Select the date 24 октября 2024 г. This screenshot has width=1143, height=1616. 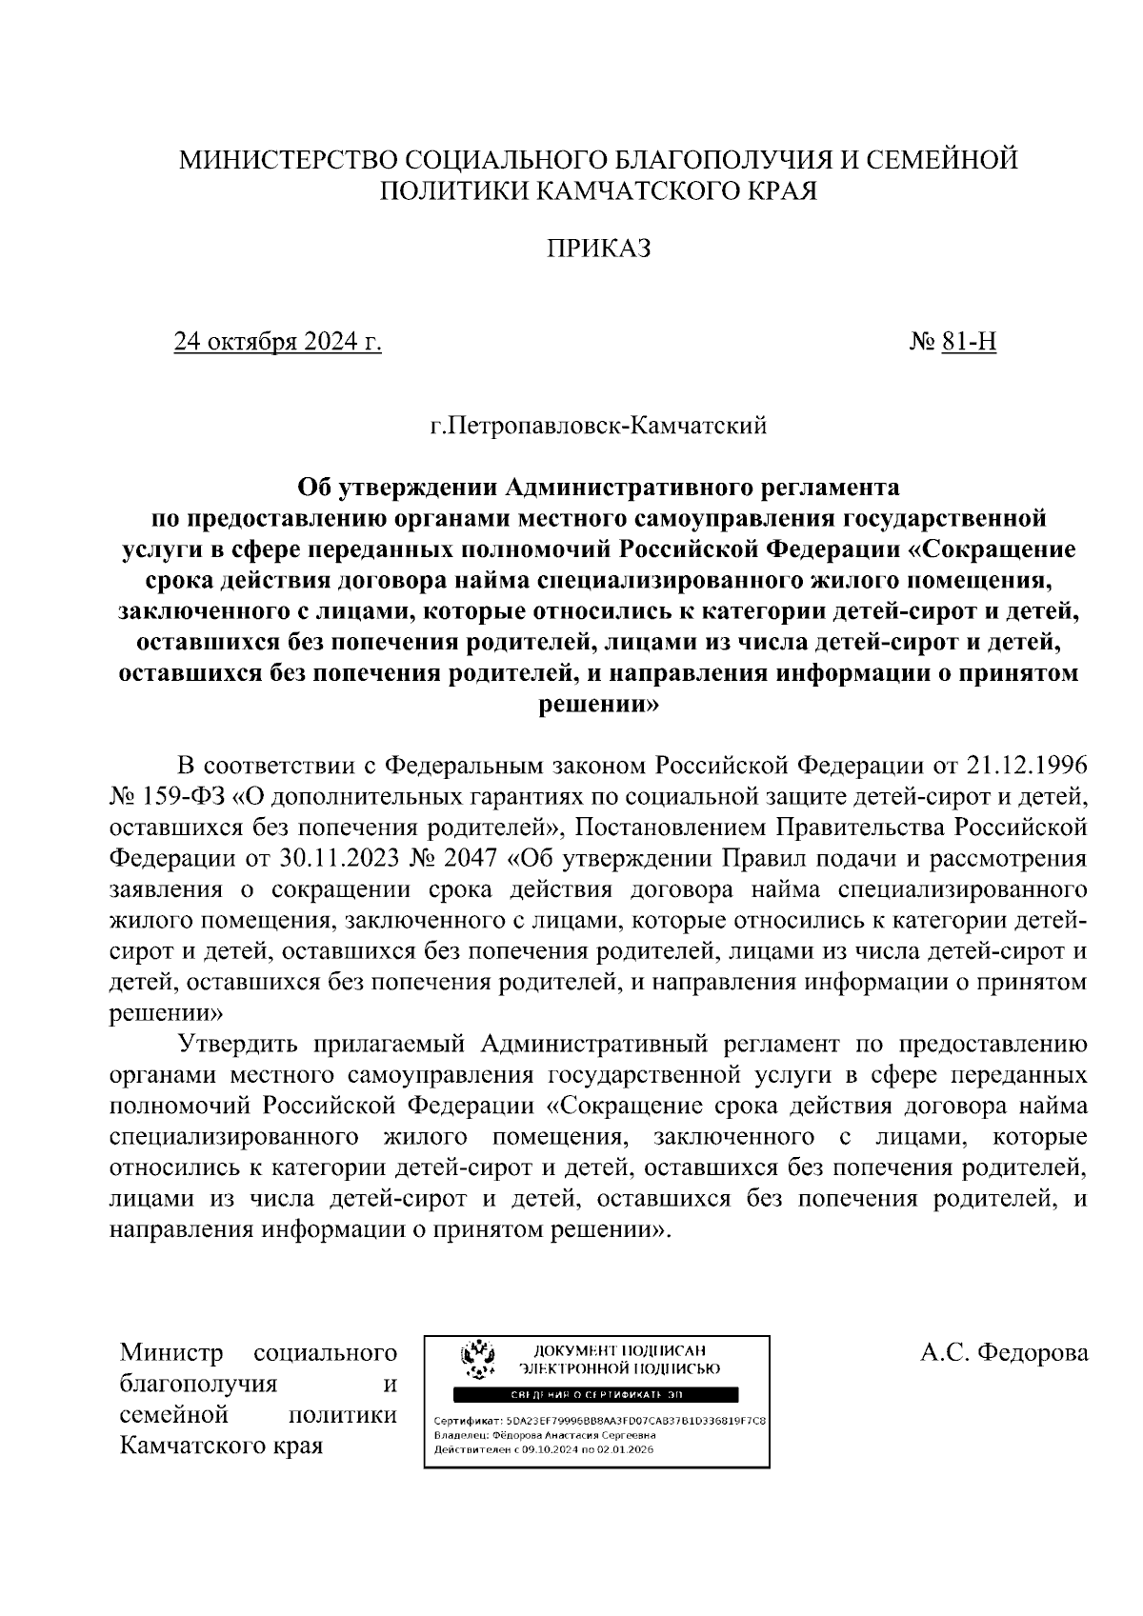pyautogui.click(x=277, y=342)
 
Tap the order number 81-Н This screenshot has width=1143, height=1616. pyautogui.click(x=968, y=342)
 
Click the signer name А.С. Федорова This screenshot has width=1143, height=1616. pyautogui.click(x=1004, y=1353)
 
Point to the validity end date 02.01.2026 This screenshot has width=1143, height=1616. pyautogui.click(x=624, y=1449)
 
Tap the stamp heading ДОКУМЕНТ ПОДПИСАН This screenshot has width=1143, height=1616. pyautogui.click(x=618, y=1350)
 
